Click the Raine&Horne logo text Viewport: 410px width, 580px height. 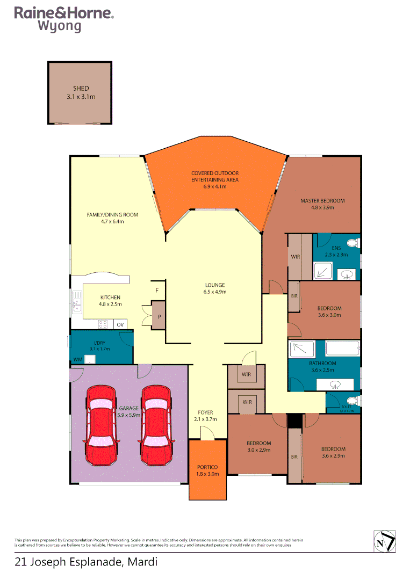(x=63, y=13)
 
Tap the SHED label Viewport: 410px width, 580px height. (x=81, y=89)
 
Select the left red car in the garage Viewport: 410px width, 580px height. (x=102, y=425)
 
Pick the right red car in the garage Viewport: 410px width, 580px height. (x=156, y=425)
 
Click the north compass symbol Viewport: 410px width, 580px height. (x=385, y=541)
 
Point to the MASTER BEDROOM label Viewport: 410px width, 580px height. (x=322, y=201)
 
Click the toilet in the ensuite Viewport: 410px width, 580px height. (x=353, y=242)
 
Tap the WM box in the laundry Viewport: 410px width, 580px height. (x=77, y=359)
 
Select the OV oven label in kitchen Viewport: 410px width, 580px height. (x=120, y=324)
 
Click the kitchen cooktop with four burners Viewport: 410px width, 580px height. (x=102, y=324)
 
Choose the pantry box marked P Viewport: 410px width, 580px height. (x=159, y=316)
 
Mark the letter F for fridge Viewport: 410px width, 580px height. (x=157, y=290)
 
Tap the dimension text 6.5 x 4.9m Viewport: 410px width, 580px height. (x=214, y=292)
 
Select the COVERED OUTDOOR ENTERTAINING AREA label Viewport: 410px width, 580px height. (x=215, y=176)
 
